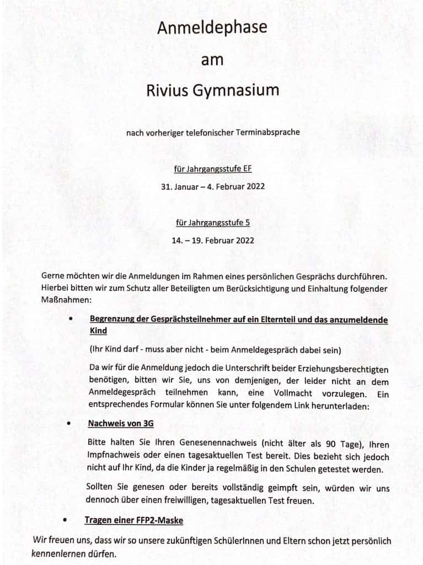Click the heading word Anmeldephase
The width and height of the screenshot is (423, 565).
(212, 28)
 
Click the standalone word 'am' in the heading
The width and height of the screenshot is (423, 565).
(212, 60)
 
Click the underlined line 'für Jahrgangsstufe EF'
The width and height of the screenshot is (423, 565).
(212, 169)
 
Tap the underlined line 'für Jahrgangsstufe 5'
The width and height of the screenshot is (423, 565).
(212, 223)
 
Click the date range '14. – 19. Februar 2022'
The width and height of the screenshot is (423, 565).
(212, 241)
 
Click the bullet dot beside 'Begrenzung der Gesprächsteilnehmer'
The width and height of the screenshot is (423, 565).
(70, 319)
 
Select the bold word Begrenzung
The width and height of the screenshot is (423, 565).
(114, 320)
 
